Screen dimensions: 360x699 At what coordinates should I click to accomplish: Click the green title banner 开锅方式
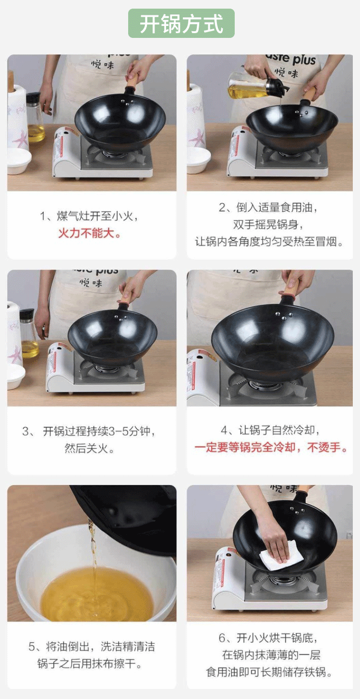(x=181, y=24)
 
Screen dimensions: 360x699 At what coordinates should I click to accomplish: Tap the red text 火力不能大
(x=89, y=233)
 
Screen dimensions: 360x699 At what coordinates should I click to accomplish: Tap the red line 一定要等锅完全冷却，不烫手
(x=271, y=448)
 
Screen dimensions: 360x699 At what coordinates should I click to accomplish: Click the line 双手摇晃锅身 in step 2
(x=268, y=225)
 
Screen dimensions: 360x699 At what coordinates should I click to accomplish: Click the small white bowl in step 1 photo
(x=19, y=161)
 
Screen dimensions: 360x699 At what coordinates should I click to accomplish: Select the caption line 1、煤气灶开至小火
(x=89, y=215)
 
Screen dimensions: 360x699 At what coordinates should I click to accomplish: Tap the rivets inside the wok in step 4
(x=284, y=316)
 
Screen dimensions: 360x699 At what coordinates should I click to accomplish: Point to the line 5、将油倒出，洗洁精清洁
(x=92, y=646)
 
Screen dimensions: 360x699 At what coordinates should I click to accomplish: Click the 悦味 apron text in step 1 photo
(x=102, y=65)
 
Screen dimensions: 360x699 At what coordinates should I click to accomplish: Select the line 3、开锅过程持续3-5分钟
(x=89, y=431)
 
